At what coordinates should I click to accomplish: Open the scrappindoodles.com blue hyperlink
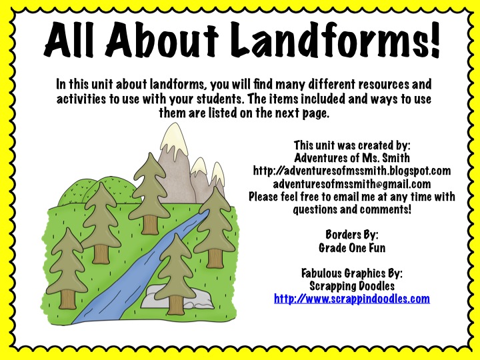point(352,298)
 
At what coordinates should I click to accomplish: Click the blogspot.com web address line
point(352,171)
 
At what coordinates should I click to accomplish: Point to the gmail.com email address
point(352,183)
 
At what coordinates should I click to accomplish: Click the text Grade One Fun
point(352,247)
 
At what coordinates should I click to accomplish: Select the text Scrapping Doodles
point(352,285)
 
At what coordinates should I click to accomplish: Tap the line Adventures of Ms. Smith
point(352,158)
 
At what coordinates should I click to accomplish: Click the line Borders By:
point(352,235)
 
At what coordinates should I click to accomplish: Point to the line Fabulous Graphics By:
point(352,273)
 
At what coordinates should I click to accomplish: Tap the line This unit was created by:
point(352,145)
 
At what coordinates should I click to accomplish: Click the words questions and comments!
point(352,209)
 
